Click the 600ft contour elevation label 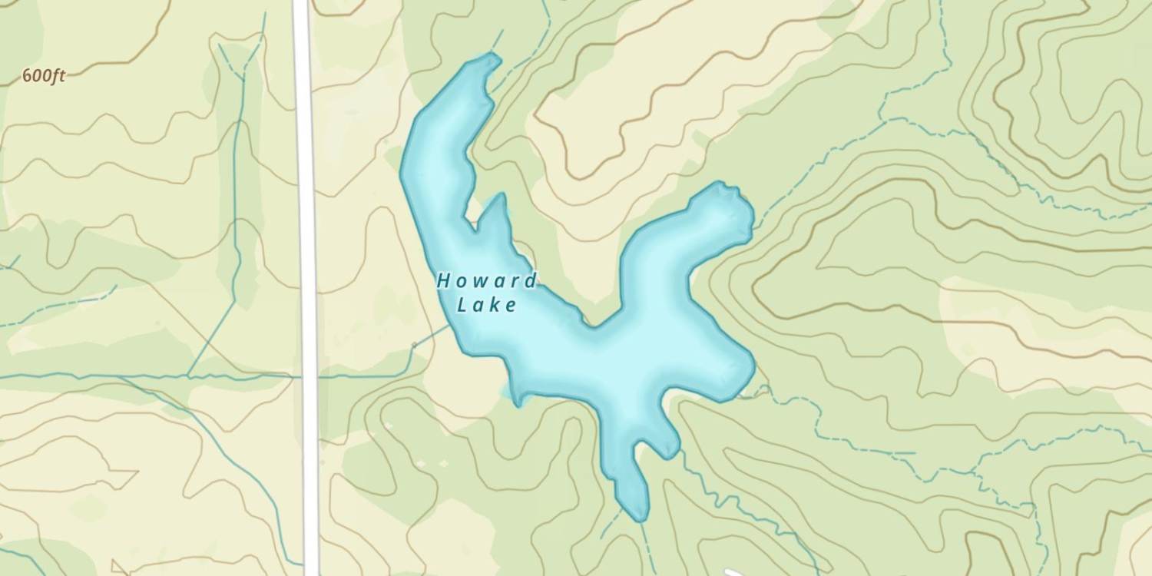(44, 76)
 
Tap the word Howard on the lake (486, 281)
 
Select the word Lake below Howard (486, 306)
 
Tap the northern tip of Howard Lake (492, 58)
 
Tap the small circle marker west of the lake (413, 346)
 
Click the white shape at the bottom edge (733, 571)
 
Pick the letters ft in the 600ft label (57, 76)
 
